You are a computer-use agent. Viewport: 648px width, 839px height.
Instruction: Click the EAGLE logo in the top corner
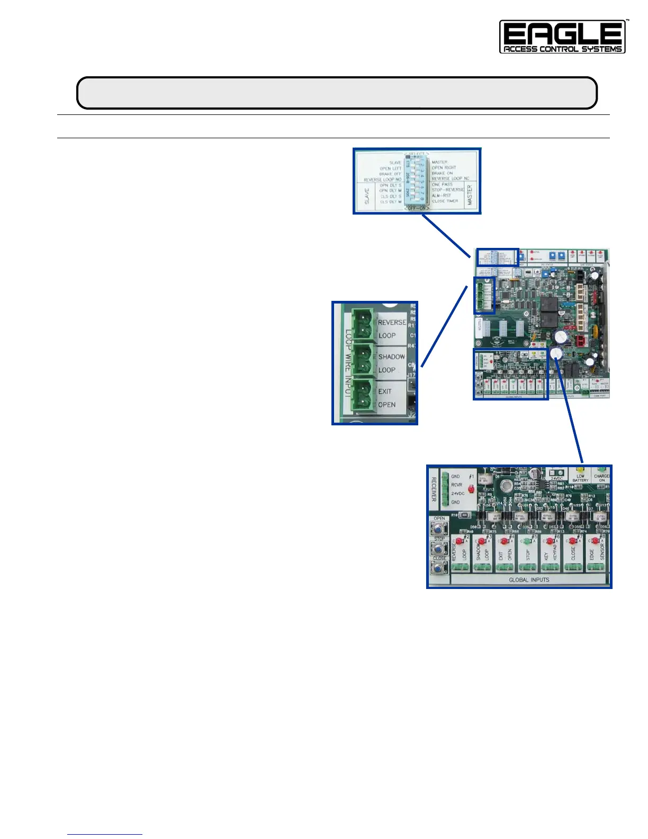point(562,37)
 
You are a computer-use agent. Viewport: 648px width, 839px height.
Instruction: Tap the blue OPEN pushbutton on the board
point(439,529)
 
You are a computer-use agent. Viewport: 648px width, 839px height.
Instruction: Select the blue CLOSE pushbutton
point(439,568)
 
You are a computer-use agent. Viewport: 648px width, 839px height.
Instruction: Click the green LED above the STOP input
point(527,541)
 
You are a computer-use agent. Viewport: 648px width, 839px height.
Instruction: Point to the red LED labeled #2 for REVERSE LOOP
point(459,541)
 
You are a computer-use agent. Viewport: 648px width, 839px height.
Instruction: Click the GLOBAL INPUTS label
point(529,580)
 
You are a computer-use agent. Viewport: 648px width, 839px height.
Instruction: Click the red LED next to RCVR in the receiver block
point(471,490)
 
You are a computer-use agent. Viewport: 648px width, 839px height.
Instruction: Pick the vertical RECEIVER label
point(434,489)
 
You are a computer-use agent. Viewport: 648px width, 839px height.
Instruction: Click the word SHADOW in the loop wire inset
point(392,357)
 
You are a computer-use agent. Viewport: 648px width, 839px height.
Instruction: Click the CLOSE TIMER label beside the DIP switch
point(445,201)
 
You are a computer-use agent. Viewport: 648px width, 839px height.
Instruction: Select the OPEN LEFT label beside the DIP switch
point(390,168)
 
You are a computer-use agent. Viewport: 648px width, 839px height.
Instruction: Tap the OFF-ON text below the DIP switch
point(417,208)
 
